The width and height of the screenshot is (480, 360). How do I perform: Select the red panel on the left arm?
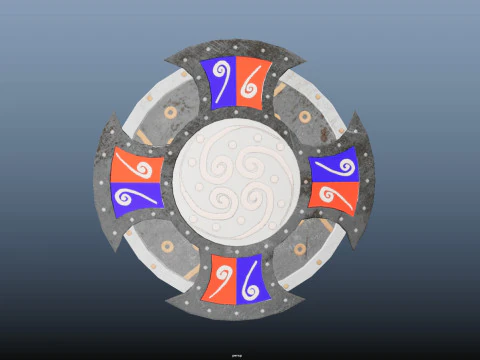137,164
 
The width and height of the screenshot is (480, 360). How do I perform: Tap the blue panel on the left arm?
137,196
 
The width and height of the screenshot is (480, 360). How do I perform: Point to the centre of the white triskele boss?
236,181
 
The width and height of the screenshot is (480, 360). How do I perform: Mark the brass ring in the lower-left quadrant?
169,247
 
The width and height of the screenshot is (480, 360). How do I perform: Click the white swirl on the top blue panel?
222,78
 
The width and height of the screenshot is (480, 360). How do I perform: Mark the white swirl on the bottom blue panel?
250,281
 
